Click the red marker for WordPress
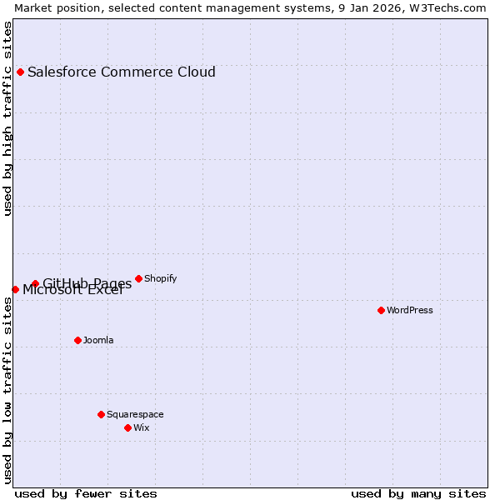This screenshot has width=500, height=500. (381, 310)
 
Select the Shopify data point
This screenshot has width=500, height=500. (138, 278)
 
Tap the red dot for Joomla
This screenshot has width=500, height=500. (77, 340)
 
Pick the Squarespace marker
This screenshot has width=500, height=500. (101, 414)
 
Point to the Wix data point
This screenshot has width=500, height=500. (127, 427)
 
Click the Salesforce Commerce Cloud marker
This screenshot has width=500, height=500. (20, 72)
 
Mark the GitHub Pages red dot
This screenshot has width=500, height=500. (35, 283)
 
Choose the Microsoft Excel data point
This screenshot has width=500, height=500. (15, 289)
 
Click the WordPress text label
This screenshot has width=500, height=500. (410, 310)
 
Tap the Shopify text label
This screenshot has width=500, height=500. (160, 278)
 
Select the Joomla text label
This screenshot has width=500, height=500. (98, 340)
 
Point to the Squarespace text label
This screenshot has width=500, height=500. (135, 414)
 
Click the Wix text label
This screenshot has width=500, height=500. (142, 427)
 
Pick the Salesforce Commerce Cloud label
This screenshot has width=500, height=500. (122, 72)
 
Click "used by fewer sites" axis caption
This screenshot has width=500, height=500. (86, 493)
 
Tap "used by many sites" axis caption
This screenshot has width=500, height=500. (418, 493)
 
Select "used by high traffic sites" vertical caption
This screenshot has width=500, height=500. (7, 118)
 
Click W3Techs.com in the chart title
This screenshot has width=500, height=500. (447, 7)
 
